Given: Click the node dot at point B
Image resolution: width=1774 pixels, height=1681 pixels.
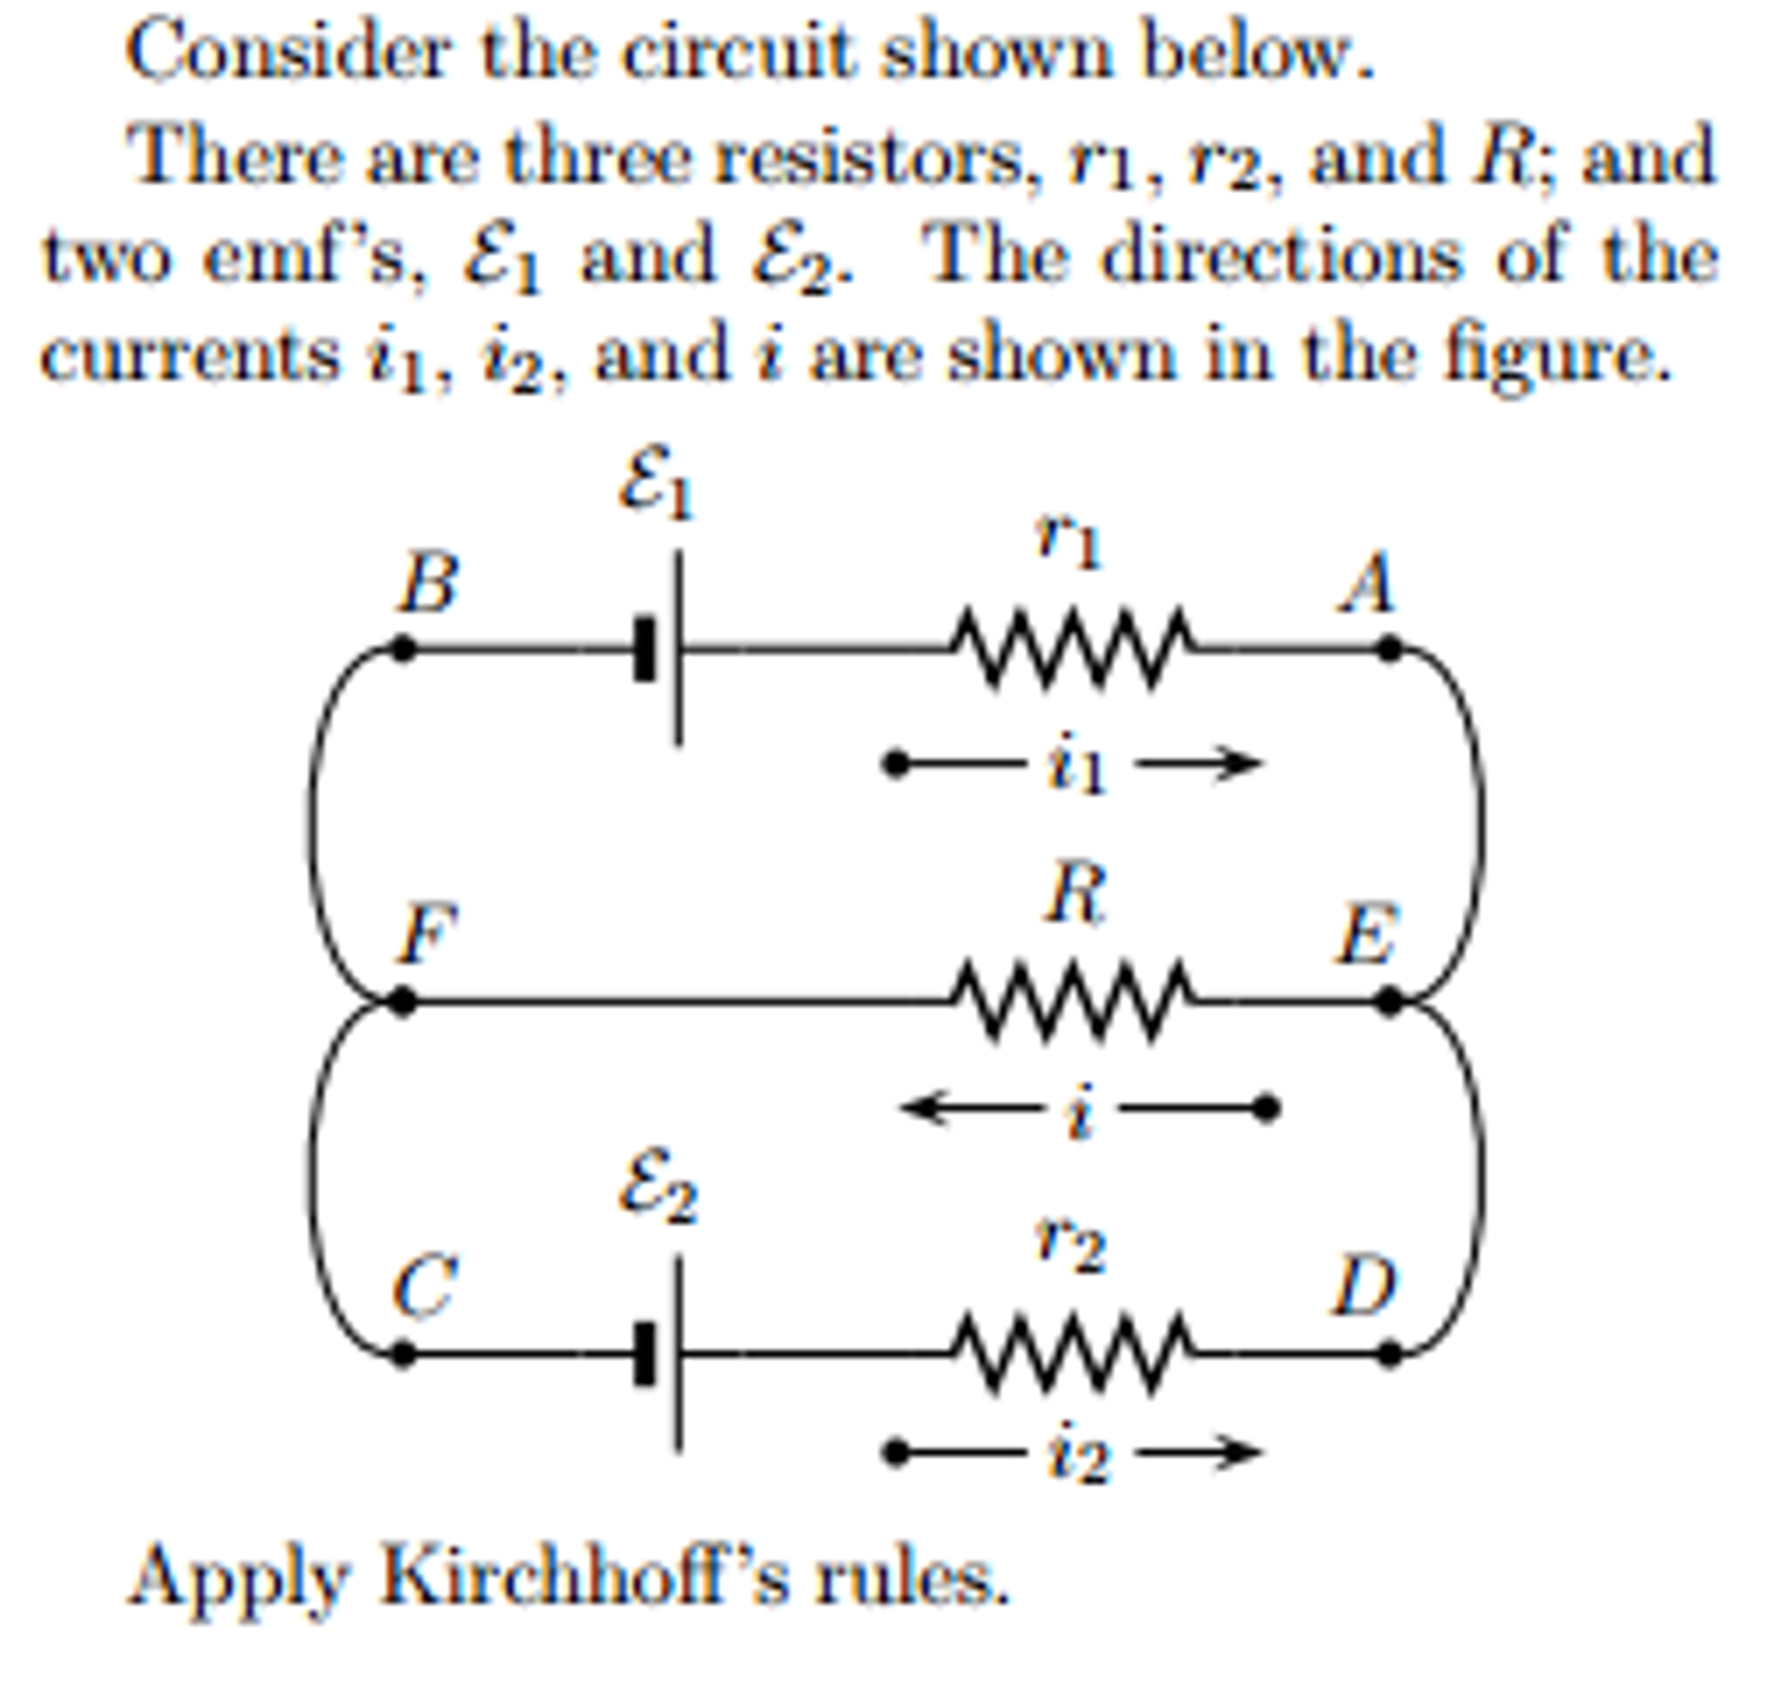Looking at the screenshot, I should [402, 648].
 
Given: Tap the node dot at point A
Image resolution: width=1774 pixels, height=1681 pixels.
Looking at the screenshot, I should [1387, 648].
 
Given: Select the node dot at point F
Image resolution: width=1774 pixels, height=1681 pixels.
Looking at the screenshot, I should [402, 1000].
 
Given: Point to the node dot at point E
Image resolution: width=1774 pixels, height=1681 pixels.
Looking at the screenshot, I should [1387, 1000].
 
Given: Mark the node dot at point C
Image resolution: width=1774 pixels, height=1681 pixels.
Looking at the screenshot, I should [402, 1353].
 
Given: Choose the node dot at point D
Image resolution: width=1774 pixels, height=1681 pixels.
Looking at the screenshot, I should [1387, 1353].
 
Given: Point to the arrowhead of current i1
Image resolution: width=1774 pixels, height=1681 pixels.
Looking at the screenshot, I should [1246, 763].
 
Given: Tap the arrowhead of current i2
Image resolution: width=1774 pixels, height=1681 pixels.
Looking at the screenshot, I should [1246, 1452].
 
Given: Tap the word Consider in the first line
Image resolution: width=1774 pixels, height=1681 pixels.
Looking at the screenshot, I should [287, 54].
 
